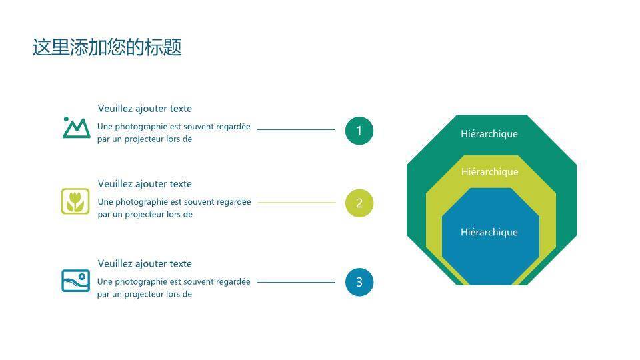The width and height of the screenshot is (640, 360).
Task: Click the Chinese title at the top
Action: click(x=107, y=47)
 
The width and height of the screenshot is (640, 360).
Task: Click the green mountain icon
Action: click(x=76, y=128)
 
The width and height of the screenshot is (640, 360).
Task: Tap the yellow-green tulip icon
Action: click(x=75, y=201)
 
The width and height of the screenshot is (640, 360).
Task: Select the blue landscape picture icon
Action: click(x=75, y=281)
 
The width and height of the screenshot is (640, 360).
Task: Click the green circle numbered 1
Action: click(x=359, y=131)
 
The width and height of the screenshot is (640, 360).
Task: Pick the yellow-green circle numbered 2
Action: click(x=359, y=203)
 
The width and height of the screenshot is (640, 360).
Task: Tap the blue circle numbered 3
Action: click(x=359, y=282)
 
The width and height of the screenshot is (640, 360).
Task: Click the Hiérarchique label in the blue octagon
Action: click(x=489, y=232)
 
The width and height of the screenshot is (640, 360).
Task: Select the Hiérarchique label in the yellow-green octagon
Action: click(x=490, y=172)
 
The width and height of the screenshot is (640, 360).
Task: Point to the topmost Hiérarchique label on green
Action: click(x=489, y=134)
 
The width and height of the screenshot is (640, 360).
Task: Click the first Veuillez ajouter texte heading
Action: click(x=145, y=109)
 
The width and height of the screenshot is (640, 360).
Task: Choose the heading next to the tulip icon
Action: click(x=145, y=184)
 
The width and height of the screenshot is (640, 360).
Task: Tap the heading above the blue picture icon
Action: click(x=145, y=264)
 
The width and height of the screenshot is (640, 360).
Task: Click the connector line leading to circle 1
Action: click(x=296, y=130)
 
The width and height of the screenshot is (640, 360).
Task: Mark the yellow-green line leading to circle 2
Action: click(x=297, y=203)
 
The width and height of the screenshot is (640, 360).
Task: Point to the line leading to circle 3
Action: click(x=296, y=282)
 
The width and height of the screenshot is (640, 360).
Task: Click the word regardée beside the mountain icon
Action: click(x=233, y=127)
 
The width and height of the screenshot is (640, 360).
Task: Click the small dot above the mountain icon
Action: click(x=66, y=119)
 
